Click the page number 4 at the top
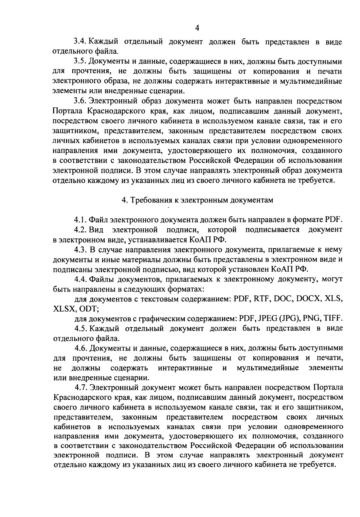(x=197, y=28)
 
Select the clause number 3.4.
(x=80, y=42)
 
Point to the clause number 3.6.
(x=80, y=101)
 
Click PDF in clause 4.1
(x=333, y=220)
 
